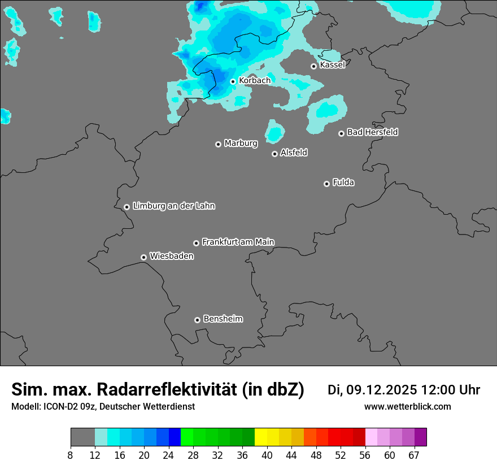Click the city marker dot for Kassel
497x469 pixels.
click(x=313, y=66)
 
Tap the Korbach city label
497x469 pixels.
click(x=255, y=81)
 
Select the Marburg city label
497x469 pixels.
click(x=241, y=144)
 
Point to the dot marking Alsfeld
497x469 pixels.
click(x=274, y=154)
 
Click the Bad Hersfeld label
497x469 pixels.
click(x=372, y=132)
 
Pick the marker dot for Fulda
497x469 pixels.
click(x=326, y=184)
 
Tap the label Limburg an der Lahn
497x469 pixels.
click(x=173, y=206)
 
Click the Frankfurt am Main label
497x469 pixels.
click(x=238, y=242)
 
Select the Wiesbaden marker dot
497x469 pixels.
click(x=143, y=257)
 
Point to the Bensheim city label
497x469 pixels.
click(x=223, y=319)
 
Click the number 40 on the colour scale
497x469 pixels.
click(x=267, y=455)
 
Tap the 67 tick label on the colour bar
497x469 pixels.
click(x=414, y=455)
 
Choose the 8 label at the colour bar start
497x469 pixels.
click(x=71, y=455)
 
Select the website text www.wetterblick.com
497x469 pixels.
click(x=407, y=407)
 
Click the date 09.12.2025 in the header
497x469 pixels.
click(x=381, y=390)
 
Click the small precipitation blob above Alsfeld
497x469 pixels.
click(x=274, y=132)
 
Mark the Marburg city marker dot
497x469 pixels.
click(x=218, y=144)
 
